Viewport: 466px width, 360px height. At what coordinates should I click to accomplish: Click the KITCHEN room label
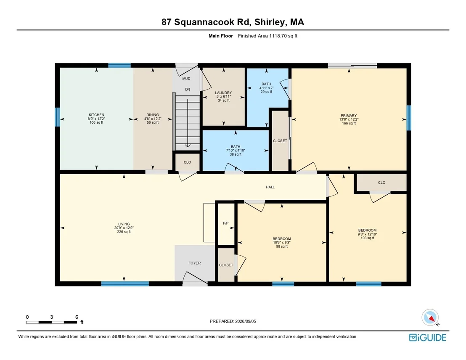point(96,115)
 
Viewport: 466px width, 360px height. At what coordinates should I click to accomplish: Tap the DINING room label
point(153,115)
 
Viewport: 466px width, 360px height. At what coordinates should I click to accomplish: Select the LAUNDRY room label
point(223,93)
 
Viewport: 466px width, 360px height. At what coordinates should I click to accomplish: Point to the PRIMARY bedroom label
point(349,116)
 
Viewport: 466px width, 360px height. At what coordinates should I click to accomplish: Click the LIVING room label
point(124,224)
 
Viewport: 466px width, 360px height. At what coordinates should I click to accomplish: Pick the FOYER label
point(195,263)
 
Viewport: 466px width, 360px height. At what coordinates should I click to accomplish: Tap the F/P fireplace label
point(226,223)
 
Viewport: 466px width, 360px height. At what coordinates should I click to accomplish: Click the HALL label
point(270,187)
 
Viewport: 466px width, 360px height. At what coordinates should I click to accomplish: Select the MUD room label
point(186,79)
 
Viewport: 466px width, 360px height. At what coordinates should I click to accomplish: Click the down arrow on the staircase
point(188,123)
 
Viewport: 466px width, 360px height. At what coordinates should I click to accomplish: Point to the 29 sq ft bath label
point(266,92)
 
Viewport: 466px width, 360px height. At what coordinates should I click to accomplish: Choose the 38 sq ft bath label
point(236,154)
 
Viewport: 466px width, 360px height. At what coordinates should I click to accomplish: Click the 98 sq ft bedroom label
point(282,246)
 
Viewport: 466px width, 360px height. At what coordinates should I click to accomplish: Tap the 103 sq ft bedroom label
point(367,238)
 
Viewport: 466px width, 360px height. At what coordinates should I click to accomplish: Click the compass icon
point(430,318)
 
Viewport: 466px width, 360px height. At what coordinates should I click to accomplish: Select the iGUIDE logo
point(428,337)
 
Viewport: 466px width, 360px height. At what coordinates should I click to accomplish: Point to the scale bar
point(51,322)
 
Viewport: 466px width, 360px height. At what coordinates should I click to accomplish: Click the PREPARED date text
point(233,321)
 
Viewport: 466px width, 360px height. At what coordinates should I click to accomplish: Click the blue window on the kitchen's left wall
point(57,117)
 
